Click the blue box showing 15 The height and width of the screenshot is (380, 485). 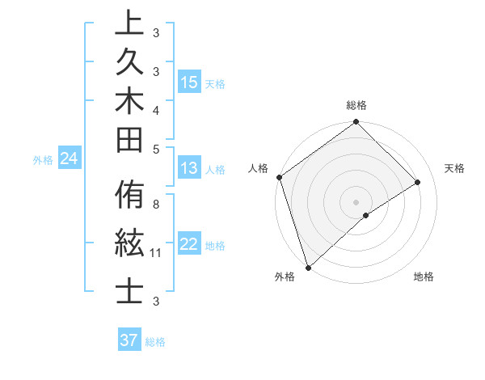[x=189, y=82]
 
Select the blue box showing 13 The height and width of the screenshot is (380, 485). [x=189, y=168]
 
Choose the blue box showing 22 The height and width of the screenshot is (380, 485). [x=189, y=244]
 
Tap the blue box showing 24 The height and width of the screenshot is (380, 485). [x=70, y=159]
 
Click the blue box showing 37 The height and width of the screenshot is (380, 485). [x=129, y=340]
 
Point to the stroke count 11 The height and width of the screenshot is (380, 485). [x=156, y=253]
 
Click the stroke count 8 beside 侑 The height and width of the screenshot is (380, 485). [x=156, y=205]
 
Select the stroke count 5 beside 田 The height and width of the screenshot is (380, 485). [x=156, y=149]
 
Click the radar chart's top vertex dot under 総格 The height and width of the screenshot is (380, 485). [x=356, y=123]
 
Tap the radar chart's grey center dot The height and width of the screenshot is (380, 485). [x=356, y=201]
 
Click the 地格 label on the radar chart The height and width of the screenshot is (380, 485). [x=424, y=277]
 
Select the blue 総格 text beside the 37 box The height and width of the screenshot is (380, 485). [x=155, y=342]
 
